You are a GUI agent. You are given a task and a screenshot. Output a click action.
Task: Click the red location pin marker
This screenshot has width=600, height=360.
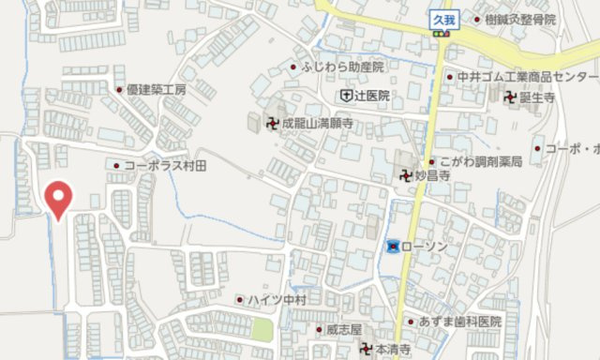click(x=59, y=198)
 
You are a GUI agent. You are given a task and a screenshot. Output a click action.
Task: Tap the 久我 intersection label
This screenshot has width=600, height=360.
click(x=442, y=17)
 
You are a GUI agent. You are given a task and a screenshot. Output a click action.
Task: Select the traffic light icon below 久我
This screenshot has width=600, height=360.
click(x=441, y=35)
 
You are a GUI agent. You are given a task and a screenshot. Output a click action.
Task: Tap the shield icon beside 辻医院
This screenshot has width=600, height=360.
click(x=346, y=96)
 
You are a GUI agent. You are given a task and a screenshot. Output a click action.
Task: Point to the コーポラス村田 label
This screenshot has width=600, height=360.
click(x=171, y=165)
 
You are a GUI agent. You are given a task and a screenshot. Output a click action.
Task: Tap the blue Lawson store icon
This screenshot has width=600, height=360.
click(x=392, y=246)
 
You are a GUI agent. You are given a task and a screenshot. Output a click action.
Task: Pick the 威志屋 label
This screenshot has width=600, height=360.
click(x=344, y=329)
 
